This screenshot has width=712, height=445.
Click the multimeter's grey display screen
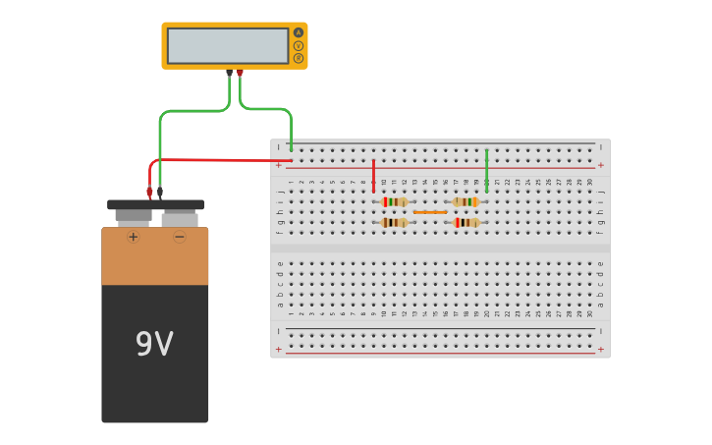(228, 45)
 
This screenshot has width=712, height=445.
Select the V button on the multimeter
(299, 45)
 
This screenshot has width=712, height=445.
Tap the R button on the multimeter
(299, 58)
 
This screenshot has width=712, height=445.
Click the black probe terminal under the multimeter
(229, 73)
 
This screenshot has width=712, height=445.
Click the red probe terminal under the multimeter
(240, 73)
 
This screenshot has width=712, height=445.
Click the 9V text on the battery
(154, 344)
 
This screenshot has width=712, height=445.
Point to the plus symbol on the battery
(134, 237)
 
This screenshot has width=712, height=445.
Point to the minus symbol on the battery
(180, 237)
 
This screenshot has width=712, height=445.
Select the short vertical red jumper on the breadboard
(373, 175)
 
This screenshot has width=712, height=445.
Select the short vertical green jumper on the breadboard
(486, 170)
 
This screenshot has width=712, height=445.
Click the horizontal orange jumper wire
(430, 212)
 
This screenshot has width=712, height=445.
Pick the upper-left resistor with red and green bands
(394, 201)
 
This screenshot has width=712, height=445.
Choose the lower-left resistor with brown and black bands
(394, 223)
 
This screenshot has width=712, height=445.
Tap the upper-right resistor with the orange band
(466, 201)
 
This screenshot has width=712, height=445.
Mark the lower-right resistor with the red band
(466, 223)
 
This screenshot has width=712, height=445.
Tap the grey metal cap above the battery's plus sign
(134, 215)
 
